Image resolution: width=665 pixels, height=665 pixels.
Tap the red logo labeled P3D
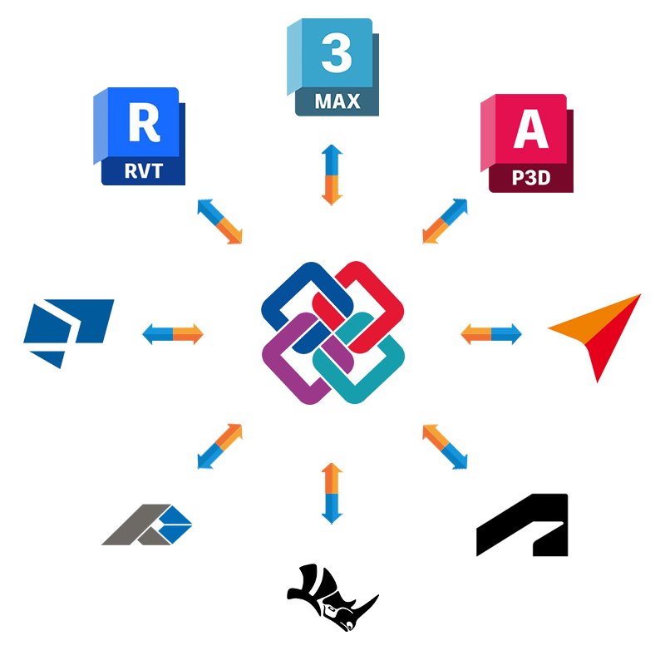click(527, 144)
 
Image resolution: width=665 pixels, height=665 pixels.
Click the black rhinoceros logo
click(331, 598)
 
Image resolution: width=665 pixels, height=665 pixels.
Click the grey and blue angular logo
click(148, 525)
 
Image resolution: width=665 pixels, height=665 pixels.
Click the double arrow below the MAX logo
click(332, 175)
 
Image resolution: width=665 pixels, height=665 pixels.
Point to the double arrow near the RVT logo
click(219, 221)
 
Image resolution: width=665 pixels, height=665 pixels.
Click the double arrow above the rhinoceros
click(332, 493)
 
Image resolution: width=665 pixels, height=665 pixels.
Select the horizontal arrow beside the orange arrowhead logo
click(491, 334)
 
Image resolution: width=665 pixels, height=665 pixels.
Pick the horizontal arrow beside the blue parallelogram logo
click(173, 334)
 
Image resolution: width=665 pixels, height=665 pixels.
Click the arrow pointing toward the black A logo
click(446, 446)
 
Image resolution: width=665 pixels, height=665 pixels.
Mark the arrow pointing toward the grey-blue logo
click(219, 446)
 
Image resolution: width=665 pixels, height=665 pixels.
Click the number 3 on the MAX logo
click(336, 52)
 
